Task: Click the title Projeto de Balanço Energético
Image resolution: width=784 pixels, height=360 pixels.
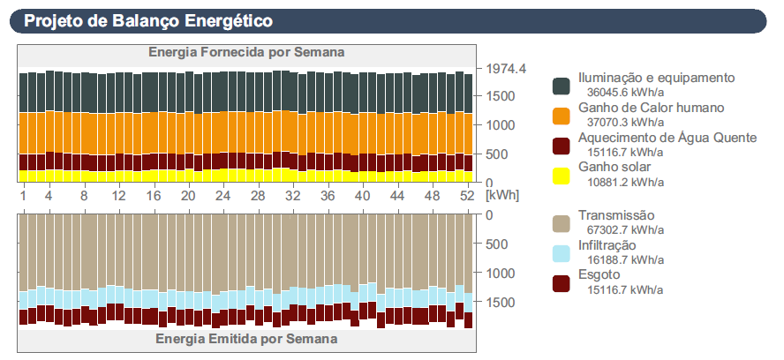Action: coord(148,20)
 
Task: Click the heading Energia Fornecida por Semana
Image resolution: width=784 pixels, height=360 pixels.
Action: coord(246,52)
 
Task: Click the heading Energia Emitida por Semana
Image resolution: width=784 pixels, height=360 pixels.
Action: coord(246,338)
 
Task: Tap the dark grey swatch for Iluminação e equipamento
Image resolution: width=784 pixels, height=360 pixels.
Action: coord(562,85)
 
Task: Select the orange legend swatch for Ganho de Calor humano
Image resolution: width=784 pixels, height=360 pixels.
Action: coord(562,115)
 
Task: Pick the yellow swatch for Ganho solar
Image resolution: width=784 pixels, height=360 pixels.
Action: coord(562,175)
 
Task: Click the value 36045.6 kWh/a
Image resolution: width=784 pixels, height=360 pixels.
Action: coord(625,91)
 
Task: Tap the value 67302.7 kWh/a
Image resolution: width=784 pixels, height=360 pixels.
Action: coord(625,229)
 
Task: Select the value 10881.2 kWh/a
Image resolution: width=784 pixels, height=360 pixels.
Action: coord(625,181)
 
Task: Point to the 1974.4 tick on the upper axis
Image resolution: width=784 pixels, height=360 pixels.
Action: coord(507,69)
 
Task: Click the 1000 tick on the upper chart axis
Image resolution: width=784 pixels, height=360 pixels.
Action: coord(500,124)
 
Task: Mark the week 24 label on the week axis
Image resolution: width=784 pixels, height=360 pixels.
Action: coord(222,195)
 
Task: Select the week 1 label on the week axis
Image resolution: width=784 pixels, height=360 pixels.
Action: coord(23,195)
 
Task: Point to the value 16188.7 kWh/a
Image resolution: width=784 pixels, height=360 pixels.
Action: coord(625,259)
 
